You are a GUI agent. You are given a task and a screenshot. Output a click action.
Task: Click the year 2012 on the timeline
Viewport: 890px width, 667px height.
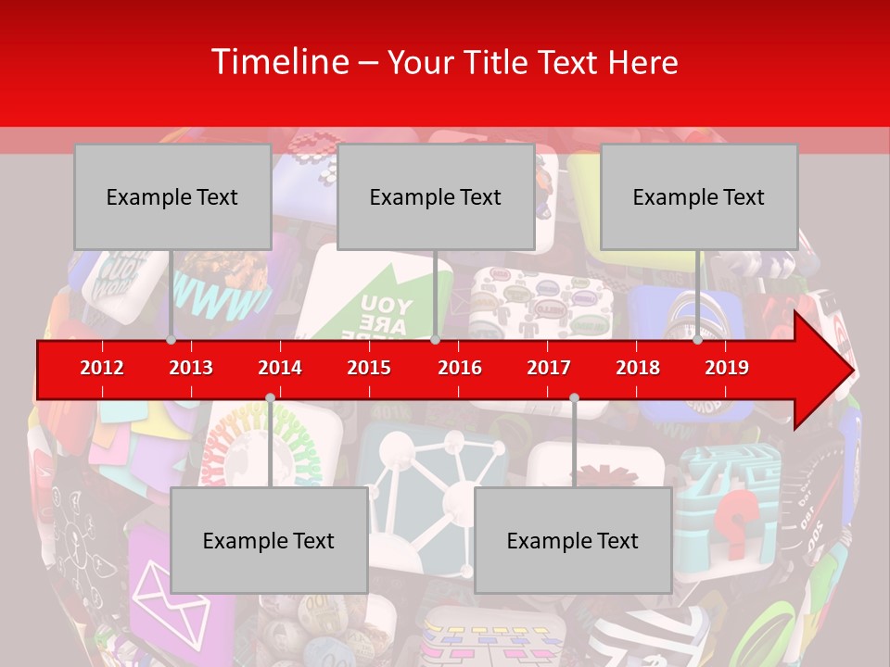(102, 368)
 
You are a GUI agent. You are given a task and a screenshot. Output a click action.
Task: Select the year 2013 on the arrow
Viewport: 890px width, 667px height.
(191, 368)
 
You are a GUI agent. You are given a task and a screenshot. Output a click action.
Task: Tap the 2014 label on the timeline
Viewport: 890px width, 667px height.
(280, 368)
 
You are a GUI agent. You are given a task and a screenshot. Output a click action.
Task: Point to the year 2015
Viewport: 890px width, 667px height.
(369, 368)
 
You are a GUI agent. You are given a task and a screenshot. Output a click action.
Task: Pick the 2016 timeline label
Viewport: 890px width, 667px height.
(460, 368)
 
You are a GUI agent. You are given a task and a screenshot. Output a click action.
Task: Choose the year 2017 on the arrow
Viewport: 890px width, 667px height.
(549, 368)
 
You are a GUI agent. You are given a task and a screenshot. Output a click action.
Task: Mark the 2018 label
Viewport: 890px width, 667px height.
(638, 368)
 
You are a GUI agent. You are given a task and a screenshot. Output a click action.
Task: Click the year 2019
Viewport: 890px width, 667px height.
(727, 368)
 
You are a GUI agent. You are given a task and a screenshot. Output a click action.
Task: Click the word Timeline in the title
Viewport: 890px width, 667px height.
(279, 62)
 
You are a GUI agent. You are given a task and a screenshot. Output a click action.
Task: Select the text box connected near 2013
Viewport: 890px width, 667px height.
(172, 197)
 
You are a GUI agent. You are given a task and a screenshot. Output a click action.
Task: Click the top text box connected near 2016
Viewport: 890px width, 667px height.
(436, 197)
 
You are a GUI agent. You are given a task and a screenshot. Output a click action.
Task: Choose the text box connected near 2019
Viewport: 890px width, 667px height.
(699, 197)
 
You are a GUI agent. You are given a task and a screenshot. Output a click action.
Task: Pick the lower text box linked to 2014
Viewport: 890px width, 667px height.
(269, 541)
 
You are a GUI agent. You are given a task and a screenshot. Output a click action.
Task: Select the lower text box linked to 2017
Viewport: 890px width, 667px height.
(573, 541)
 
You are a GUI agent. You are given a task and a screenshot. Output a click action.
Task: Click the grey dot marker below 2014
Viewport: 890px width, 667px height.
(270, 398)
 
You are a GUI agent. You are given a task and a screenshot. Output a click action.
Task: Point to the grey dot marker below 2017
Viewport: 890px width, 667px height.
(574, 398)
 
